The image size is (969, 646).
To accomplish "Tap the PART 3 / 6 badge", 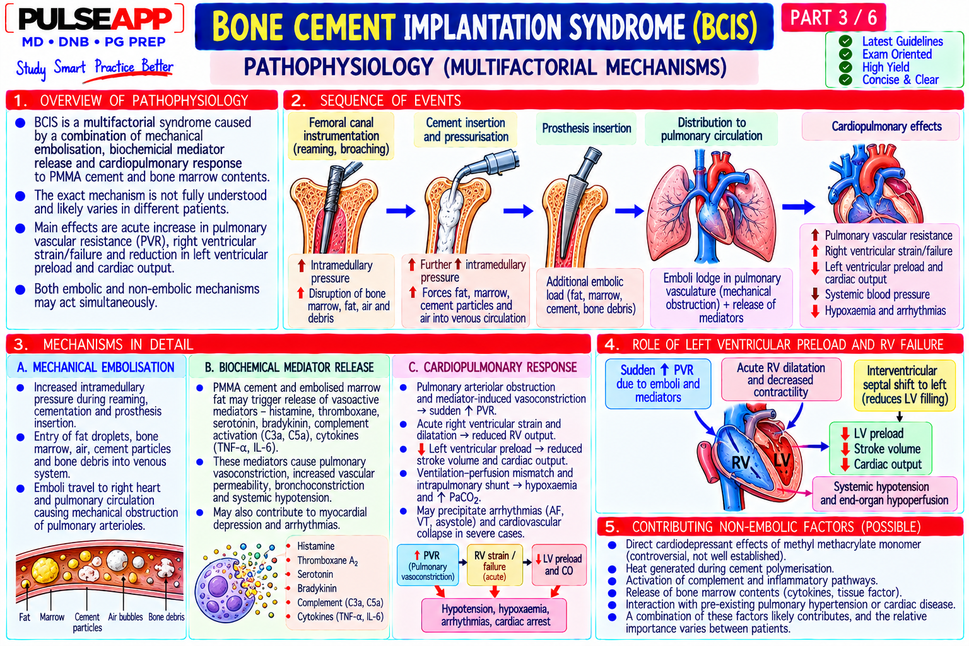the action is tap(833, 17).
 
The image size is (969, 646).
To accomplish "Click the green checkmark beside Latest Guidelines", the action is tap(845, 41).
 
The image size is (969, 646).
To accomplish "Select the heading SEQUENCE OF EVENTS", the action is tap(391, 100).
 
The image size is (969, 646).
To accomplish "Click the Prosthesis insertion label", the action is tap(586, 128).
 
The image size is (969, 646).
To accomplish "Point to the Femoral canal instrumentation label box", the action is tap(341, 136).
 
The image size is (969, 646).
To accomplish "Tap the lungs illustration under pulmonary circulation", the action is tap(712, 206).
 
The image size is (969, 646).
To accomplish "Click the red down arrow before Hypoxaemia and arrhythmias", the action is tap(815, 310).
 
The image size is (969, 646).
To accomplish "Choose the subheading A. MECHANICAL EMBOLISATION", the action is tap(96, 367).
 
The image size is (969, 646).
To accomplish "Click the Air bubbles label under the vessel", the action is tap(125, 616).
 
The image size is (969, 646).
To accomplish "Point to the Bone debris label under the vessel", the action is tap(166, 616).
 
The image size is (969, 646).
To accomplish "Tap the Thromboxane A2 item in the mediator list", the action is tap(327, 561).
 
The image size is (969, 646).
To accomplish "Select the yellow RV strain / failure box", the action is tap(495, 565).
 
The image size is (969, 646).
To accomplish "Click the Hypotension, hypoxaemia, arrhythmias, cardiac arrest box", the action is tap(495, 615).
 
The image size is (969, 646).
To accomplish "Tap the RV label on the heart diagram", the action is tap(741, 462).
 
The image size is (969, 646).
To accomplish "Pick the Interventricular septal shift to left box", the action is tap(905, 385).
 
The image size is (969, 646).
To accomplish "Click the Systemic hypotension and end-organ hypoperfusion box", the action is tap(884, 493).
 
